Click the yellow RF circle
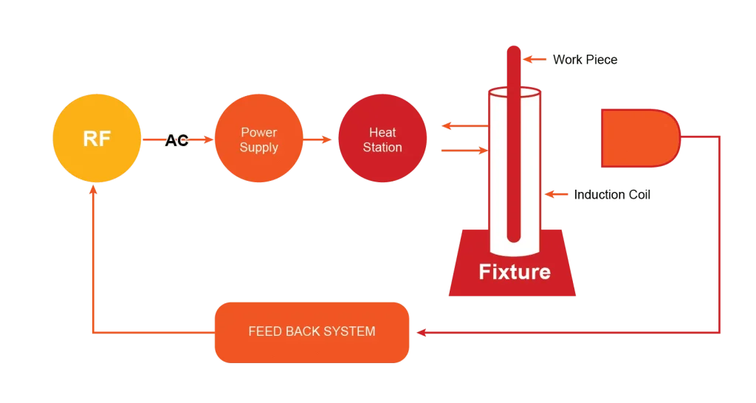pos(97,138)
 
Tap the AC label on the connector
pos(177,139)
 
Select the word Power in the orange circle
pos(258,132)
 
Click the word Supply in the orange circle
pos(258,148)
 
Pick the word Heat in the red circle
pos(382,132)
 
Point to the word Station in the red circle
pos(382,148)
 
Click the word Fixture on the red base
pos(515,272)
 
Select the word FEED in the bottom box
pos(264,331)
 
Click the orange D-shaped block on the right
pos(639,138)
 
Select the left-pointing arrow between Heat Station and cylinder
pos(446,126)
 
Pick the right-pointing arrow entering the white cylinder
pos(480,151)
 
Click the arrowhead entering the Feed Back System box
pos(422,333)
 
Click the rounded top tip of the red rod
pos(513,49)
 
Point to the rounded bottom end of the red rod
pos(514,238)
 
